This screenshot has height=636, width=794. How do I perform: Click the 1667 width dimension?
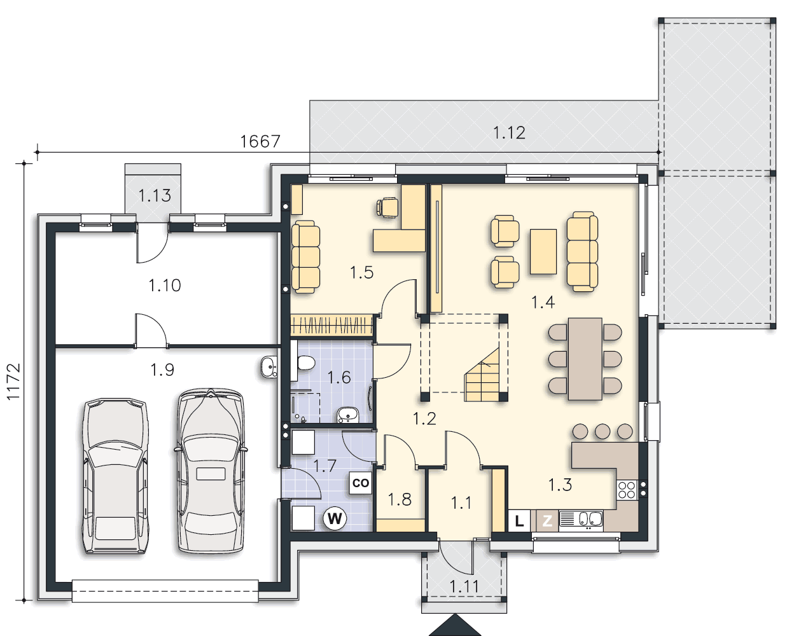[x=260, y=141]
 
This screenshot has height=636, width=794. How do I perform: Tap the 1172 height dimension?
[x=13, y=382]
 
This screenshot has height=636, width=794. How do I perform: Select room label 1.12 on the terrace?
[x=509, y=133]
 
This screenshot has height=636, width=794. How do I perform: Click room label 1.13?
[x=155, y=195]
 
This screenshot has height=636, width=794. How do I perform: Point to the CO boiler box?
[x=361, y=483]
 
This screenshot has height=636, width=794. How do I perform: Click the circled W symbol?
[x=335, y=519]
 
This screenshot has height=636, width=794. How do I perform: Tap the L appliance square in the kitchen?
[x=519, y=521]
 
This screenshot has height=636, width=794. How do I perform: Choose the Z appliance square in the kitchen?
[x=547, y=521]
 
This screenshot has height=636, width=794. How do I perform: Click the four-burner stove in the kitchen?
[x=627, y=490]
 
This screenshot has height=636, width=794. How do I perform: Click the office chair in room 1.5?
[x=387, y=207]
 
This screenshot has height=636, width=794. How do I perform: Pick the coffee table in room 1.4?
[x=543, y=252]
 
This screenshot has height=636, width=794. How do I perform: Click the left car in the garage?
[x=116, y=476]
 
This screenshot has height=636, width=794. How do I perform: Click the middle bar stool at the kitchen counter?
[x=602, y=431]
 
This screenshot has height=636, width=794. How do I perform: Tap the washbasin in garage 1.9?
[x=269, y=367]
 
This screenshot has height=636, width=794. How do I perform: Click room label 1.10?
[x=165, y=286]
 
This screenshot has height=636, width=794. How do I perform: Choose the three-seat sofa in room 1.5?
[x=305, y=257]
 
